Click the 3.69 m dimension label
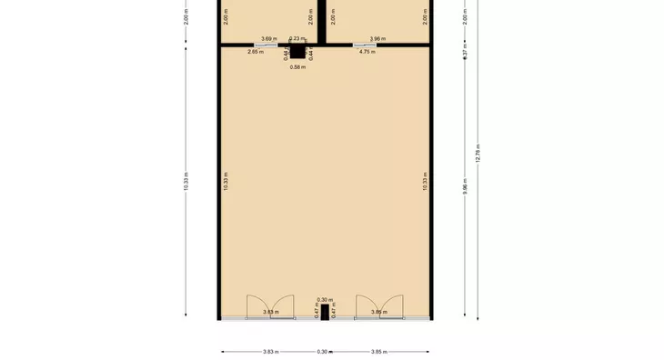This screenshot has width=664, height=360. coord(268,38)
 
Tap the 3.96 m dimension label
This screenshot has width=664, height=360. coord(377,38)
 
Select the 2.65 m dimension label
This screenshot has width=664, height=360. coord(256,52)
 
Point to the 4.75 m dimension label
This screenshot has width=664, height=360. coord(367,52)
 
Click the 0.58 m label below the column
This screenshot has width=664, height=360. coord(297,67)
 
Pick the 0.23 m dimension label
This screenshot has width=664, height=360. coord(297,38)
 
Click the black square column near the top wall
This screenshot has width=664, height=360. coord(297,53)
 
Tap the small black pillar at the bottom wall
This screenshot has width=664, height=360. coord(325,312)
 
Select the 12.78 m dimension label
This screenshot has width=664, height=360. coord(478,155)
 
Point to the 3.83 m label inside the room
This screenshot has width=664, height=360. coord(269,312)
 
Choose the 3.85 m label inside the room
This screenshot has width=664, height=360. coord(379,312)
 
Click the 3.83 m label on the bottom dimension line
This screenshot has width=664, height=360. coord(270,352)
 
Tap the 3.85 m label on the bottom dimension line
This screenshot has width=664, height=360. coord(379,352)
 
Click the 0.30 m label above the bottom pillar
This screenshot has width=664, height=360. coord(325,300)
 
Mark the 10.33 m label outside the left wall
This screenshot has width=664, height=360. coord(186,181)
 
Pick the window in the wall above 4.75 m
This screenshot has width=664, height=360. coord(366,45)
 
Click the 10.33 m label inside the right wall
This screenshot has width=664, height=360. coord(425,181)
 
